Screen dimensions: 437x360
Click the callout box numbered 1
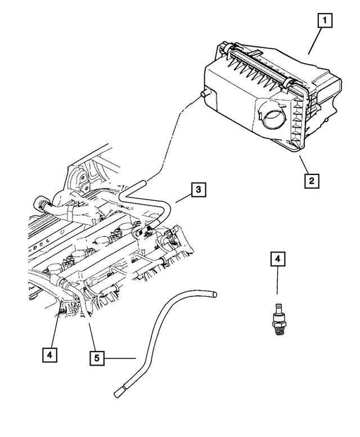[x=324, y=21]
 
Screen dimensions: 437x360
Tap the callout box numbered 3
[x=198, y=190]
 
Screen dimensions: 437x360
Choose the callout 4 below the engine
[x=50, y=354]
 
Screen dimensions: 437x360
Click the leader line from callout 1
[x=316, y=40]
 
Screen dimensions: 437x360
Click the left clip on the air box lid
[x=228, y=49]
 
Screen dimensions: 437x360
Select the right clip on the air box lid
[x=290, y=84]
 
